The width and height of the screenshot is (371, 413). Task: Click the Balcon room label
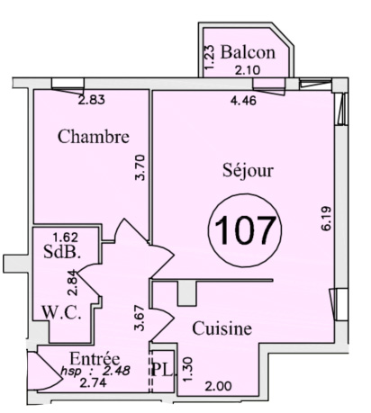coord(248,52)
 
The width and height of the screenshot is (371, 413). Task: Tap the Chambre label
coord(94,137)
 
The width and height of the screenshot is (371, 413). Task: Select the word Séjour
coord(248,170)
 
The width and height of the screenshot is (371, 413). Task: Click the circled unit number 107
coord(245,230)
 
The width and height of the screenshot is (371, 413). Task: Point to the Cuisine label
coord(222,328)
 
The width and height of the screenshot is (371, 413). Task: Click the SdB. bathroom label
coord(62,252)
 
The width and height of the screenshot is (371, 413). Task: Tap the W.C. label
coord(61,312)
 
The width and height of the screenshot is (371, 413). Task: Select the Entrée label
coord(95,358)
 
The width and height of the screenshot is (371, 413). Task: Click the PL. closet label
coord(162,370)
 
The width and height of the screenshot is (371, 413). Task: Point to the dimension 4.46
coord(243,101)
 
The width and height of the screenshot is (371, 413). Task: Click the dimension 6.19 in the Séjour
coord(326,219)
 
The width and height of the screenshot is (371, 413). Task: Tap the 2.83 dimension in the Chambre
coord(92,100)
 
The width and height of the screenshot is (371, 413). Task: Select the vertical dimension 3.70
coord(140,167)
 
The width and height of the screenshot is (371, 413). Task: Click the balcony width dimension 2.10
coord(248,70)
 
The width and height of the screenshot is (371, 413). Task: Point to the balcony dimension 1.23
coord(210,57)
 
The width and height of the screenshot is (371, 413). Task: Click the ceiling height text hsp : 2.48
coord(95,372)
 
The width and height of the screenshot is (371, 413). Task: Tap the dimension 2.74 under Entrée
coord(93,383)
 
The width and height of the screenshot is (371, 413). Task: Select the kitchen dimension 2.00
coord(218,386)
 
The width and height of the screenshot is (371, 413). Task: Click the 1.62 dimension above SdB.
coord(66,238)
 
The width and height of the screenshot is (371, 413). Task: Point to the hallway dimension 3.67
coord(140,318)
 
